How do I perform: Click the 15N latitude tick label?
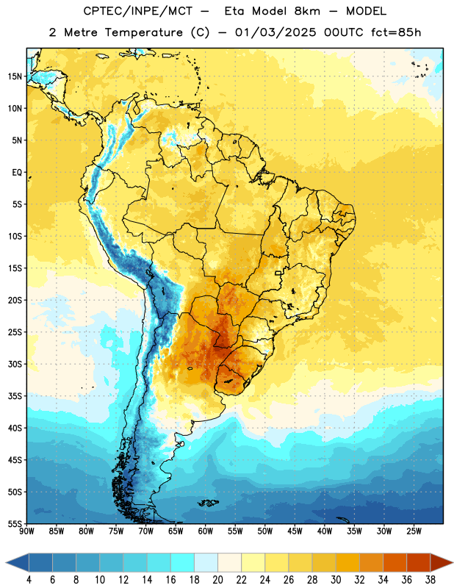[15, 76]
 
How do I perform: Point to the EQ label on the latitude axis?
[17, 173]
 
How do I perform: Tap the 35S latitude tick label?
[15, 396]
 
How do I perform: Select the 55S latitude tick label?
[15, 523]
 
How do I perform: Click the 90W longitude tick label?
[26, 531]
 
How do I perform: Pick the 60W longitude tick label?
[206, 531]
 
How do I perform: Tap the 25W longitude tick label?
[414, 531]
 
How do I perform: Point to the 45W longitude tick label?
[295, 531]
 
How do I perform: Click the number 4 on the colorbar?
[29, 580]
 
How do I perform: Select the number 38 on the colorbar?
[430, 580]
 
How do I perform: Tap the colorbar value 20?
[217, 580]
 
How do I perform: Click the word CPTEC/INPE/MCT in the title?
[138, 11]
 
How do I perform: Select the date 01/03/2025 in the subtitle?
[275, 32]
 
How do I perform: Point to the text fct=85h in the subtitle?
[396, 32]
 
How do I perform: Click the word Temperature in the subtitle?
[143, 32]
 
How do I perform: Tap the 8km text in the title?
[307, 11]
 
